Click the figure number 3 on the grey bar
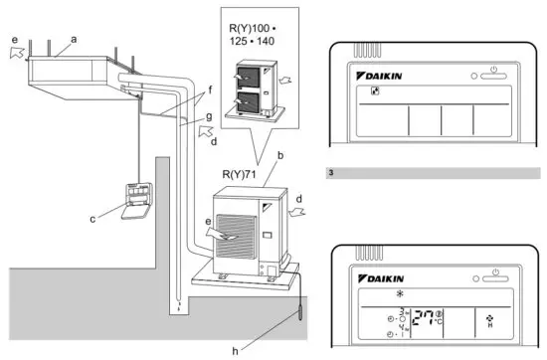pyautogui.click(x=331, y=173)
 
